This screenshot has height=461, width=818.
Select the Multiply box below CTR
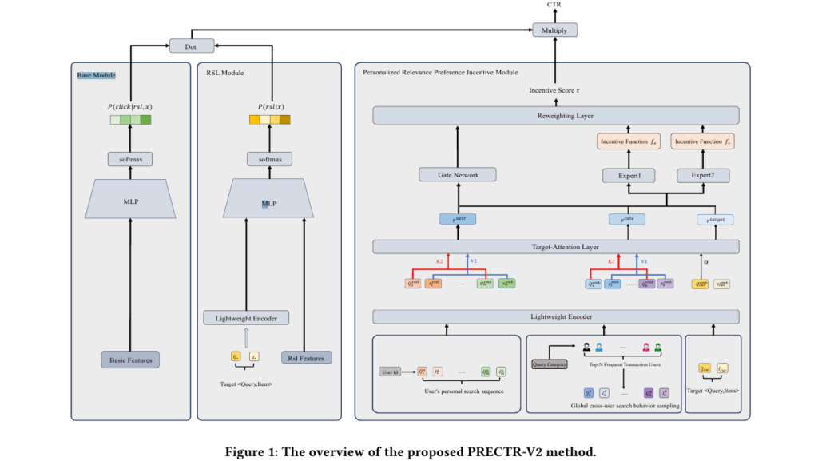tap(554, 30)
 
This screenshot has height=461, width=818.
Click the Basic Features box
tap(130, 359)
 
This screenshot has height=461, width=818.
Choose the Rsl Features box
tap(306, 357)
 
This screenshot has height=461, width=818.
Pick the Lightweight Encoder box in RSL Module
tap(246, 318)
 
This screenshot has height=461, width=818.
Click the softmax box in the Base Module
tap(130, 160)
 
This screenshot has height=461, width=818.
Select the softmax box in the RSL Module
tap(269, 159)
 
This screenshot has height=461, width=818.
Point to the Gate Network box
tap(458, 174)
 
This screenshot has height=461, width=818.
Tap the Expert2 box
tap(704, 174)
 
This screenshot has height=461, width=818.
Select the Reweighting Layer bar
tap(555, 117)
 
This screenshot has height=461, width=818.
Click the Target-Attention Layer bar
tap(555, 247)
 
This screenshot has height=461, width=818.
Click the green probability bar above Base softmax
tap(130, 120)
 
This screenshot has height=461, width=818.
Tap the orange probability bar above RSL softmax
tap(269, 120)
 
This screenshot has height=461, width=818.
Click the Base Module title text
tap(96, 75)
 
